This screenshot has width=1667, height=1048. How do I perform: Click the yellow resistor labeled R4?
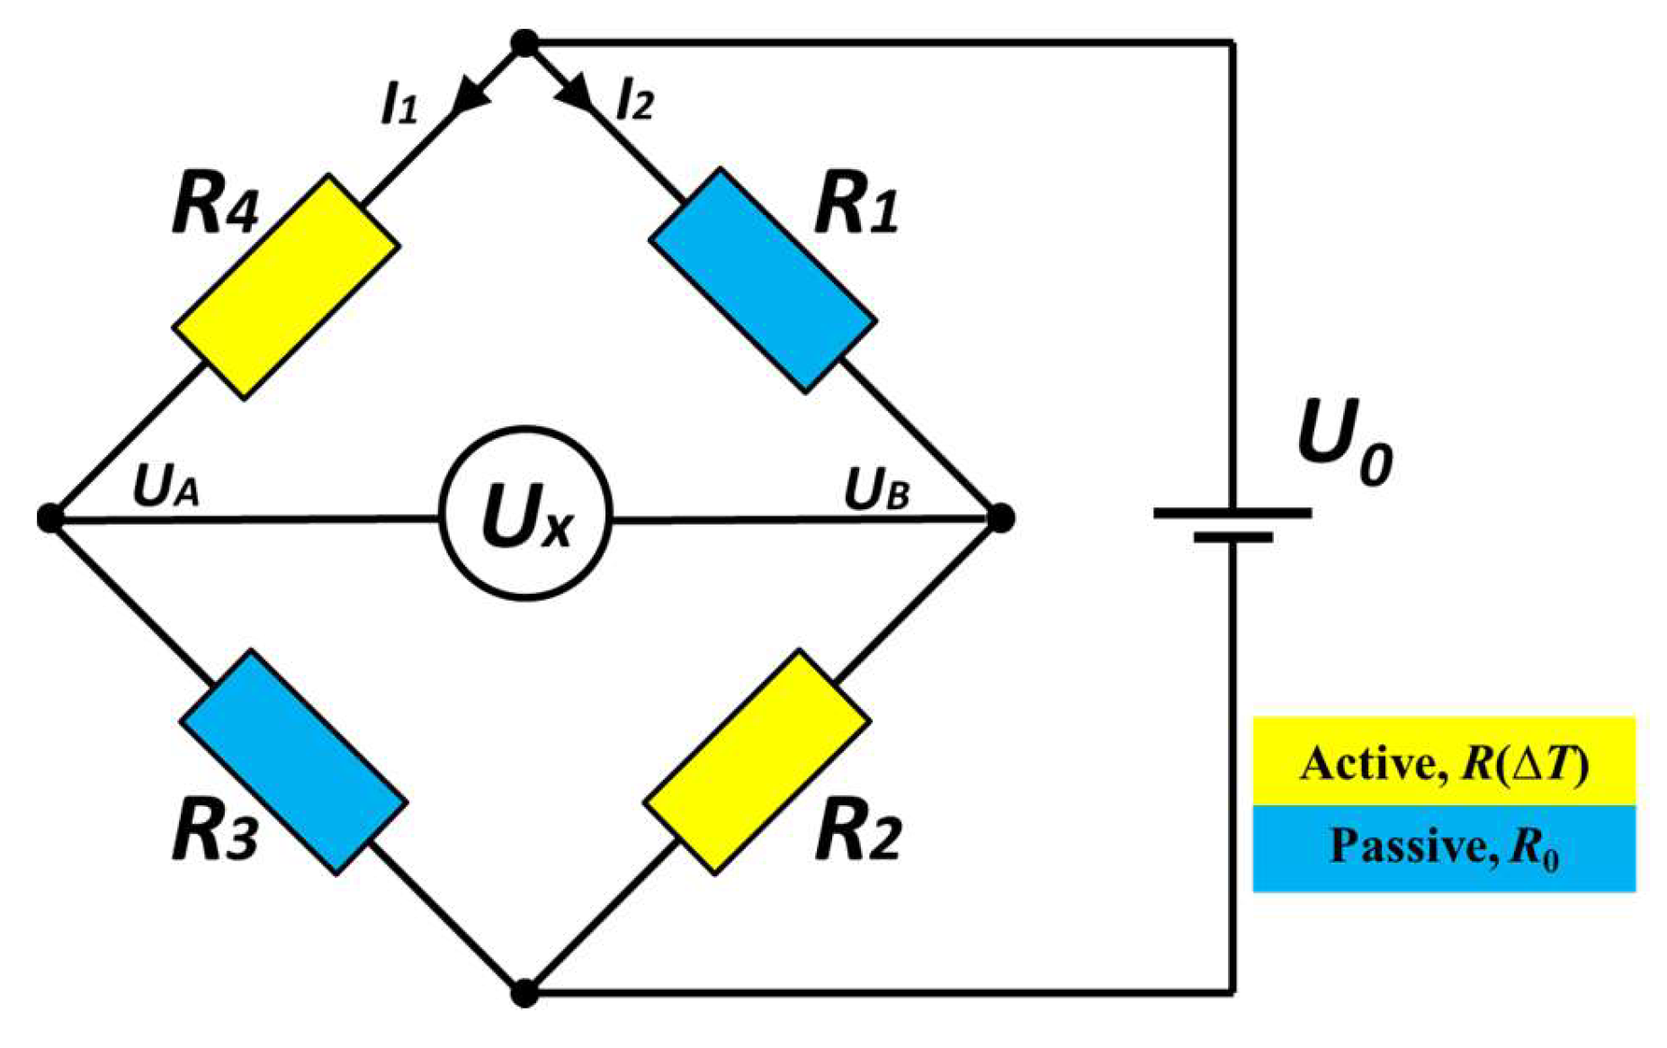[286, 286]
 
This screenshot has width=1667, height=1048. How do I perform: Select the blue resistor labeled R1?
[763, 280]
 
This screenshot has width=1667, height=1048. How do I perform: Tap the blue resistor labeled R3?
[293, 761]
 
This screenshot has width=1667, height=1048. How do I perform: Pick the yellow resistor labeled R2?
[757, 761]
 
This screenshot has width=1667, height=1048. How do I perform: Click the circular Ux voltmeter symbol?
[526, 514]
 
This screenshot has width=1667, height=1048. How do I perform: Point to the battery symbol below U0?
[1232, 524]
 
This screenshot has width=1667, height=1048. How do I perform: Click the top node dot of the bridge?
[524, 42]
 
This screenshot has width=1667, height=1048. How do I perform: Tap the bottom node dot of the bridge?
[524, 993]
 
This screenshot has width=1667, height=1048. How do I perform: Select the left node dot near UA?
[50, 518]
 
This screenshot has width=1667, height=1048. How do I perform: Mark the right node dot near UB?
[1000, 517]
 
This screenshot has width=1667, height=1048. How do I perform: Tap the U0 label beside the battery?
[1344, 441]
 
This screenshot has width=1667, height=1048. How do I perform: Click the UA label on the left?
[166, 487]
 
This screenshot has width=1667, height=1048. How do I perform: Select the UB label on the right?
[876, 490]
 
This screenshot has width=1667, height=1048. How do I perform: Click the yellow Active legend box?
[1443, 761]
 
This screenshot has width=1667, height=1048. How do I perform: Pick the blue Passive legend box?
[1443, 848]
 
